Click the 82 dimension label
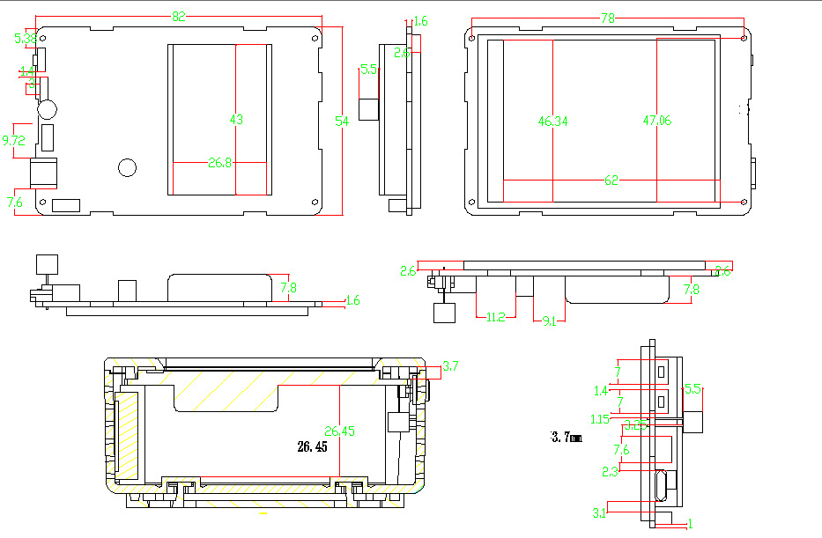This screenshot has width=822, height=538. [179, 17]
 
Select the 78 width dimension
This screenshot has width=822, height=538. [608, 18]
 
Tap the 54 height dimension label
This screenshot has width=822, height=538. [342, 122]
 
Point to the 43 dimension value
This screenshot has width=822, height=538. [236, 119]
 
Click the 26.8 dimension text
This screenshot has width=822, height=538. [219, 162]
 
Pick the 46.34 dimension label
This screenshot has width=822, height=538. [552, 122]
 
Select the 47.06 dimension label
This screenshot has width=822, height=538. [656, 121]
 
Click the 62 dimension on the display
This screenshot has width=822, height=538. [612, 181]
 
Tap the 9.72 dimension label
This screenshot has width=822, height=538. [14, 141]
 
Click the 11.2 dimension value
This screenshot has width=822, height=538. [495, 318]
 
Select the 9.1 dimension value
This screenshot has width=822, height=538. [549, 322]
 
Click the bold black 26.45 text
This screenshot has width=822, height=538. [312, 447]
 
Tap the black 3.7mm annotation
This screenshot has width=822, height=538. [567, 437]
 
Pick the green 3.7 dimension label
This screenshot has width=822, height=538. [451, 365]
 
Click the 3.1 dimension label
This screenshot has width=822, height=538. [599, 513]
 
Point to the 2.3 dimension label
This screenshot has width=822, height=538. [610, 471]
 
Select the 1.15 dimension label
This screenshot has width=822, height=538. [600, 419]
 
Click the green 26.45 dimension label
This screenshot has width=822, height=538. [338, 431]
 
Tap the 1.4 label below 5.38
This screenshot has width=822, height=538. [26, 70]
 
